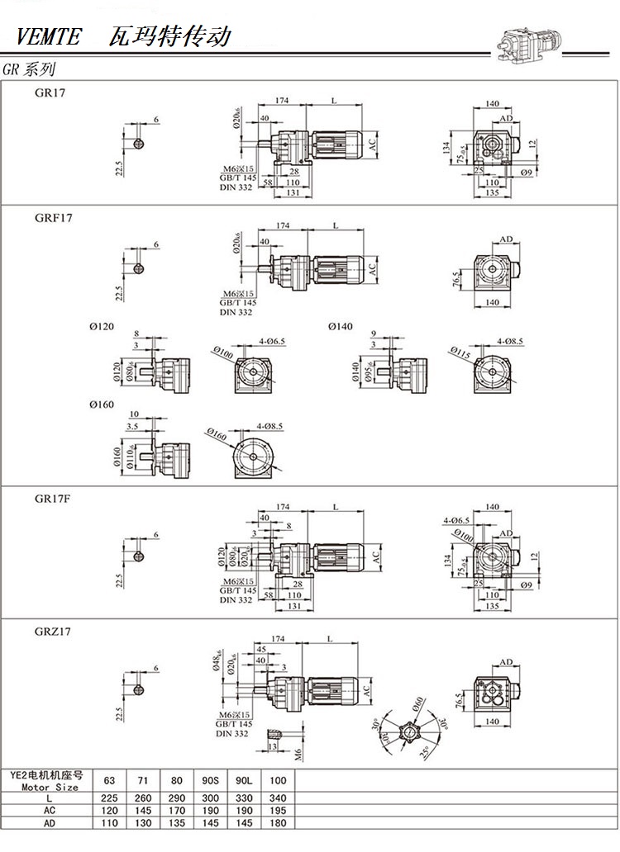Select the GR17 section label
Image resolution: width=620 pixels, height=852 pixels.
click(50, 93)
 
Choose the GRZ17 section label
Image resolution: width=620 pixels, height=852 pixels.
click(53, 632)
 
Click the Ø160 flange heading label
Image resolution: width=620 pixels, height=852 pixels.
click(101, 405)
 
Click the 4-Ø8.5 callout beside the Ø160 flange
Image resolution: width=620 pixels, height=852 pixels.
click(269, 426)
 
